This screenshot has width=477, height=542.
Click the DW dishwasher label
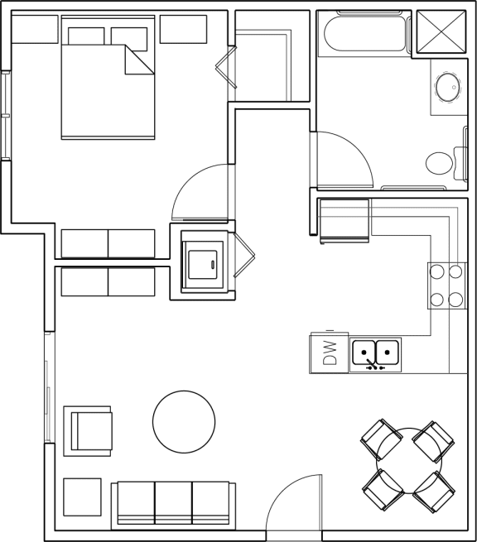click(x=329, y=353)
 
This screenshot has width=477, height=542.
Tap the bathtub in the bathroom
click(x=364, y=34)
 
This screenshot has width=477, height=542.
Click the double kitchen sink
click(x=376, y=353)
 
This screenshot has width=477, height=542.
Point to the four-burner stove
click(x=447, y=285)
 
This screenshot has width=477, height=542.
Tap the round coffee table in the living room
click(x=184, y=422)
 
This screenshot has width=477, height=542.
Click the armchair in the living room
click(x=89, y=430)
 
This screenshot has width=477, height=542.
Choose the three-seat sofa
click(x=175, y=502)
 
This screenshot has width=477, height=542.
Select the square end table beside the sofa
click(x=82, y=498)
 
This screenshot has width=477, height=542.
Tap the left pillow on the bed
click(x=85, y=36)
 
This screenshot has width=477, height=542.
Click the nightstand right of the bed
click(x=183, y=29)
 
